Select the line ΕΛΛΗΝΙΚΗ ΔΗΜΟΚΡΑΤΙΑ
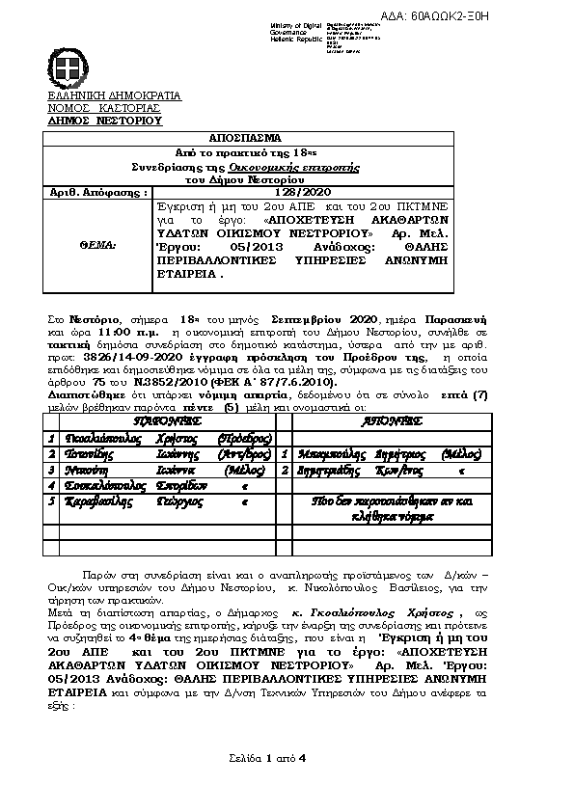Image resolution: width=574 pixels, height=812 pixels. [x=115, y=96]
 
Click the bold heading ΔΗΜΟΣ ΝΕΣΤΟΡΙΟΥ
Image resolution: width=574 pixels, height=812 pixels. [x=105, y=121]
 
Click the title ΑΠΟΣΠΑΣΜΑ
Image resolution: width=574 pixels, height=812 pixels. [x=249, y=139]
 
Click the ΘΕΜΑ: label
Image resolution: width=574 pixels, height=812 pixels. [x=95, y=246]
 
